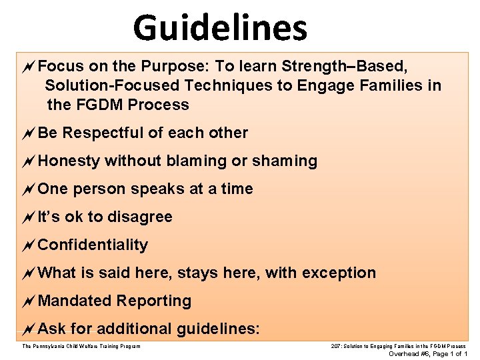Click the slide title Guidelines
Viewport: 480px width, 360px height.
(220, 28)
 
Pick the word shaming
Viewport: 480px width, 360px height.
(286, 161)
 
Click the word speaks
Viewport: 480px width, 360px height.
(158, 189)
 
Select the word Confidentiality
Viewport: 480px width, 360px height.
(93, 245)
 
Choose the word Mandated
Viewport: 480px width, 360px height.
(75, 301)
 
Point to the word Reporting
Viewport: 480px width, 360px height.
(154, 301)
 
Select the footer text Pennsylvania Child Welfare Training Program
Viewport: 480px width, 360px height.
(81, 346)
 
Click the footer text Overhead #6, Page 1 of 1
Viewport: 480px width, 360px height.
(427, 354)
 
